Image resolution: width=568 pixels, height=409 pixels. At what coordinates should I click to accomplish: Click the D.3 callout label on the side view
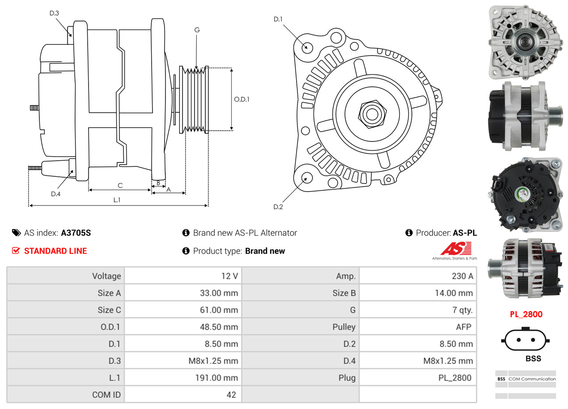coord(54,13)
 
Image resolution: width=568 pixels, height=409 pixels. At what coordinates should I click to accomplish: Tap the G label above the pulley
coord(197,30)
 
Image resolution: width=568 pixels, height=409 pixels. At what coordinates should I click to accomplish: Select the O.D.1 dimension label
coord(242,99)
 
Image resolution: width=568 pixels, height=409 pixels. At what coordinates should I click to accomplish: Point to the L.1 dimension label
coord(117,200)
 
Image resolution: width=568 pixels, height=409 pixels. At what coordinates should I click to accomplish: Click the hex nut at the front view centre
coord(371,114)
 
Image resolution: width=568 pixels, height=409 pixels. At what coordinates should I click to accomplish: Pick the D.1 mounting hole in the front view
coord(307,47)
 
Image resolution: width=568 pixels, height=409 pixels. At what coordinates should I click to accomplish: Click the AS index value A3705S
coord(76,233)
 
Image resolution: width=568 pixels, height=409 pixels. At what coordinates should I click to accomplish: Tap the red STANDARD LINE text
coord(55,251)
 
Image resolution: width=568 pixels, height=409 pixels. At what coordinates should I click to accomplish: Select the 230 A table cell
coord(418,276)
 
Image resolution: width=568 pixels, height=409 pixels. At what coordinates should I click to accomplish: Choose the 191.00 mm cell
coord(183,378)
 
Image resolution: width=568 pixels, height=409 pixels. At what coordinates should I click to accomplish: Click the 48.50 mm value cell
coord(183,327)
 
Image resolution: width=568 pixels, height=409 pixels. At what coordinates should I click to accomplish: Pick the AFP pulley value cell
coord(418,327)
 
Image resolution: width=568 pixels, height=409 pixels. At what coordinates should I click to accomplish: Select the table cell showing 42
coord(183,395)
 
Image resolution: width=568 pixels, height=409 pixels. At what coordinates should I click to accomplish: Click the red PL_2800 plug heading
coord(526,314)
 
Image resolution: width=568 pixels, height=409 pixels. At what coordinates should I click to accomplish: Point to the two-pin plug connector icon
coord(526,340)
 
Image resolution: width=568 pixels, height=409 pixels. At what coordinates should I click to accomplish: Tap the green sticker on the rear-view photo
coord(522,194)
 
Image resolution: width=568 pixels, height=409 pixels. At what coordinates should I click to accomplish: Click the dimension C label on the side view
coord(120,185)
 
